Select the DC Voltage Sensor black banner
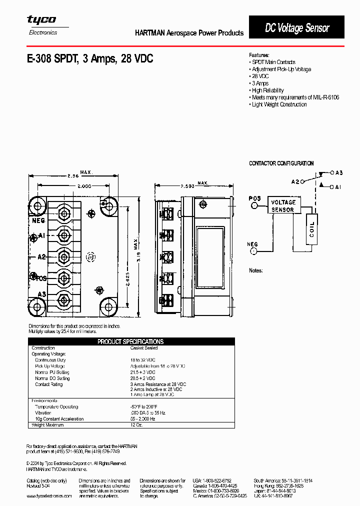[x=296, y=28]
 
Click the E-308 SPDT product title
[x=90, y=58]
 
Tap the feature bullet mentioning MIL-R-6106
[x=295, y=97]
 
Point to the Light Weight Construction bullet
[x=278, y=104]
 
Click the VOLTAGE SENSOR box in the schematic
[x=282, y=206]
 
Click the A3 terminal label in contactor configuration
[x=338, y=172]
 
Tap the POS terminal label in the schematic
[x=255, y=198]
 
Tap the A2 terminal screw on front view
[x=63, y=256]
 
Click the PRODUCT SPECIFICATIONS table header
[x=130, y=341]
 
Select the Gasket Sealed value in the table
[x=144, y=347]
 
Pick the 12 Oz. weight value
[x=137, y=425]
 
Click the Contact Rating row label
[x=49, y=384]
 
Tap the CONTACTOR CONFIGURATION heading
[x=281, y=163]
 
